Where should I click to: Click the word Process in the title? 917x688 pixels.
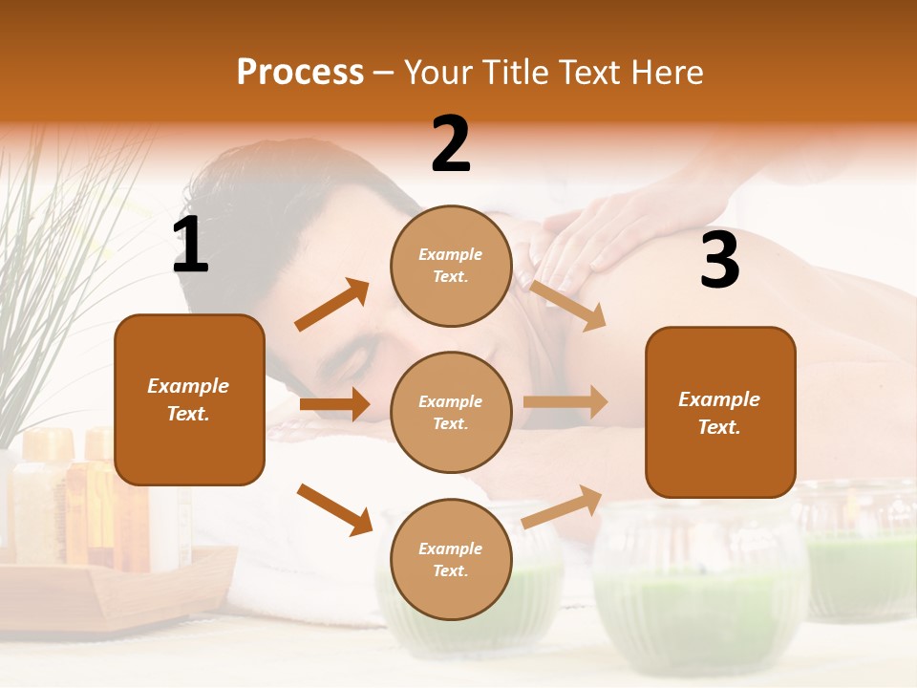pos(300,73)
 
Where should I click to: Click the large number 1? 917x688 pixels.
pos(190,246)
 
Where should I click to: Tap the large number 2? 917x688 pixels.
pos(451,144)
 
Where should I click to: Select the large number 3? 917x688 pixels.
pos(719,260)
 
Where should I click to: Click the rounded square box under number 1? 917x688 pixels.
pos(189,399)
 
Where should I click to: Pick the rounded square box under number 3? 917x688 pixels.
pos(720,412)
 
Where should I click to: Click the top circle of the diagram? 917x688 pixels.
pos(451,265)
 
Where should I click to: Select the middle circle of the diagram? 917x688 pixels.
pos(451,412)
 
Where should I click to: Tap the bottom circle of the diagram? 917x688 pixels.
pos(451,559)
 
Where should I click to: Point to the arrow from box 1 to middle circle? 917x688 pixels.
pos(334,404)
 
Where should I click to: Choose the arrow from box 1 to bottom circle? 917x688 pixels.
pos(335,509)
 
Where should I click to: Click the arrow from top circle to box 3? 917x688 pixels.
pos(567,305)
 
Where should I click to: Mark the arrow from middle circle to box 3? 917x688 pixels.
pos(565,402)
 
